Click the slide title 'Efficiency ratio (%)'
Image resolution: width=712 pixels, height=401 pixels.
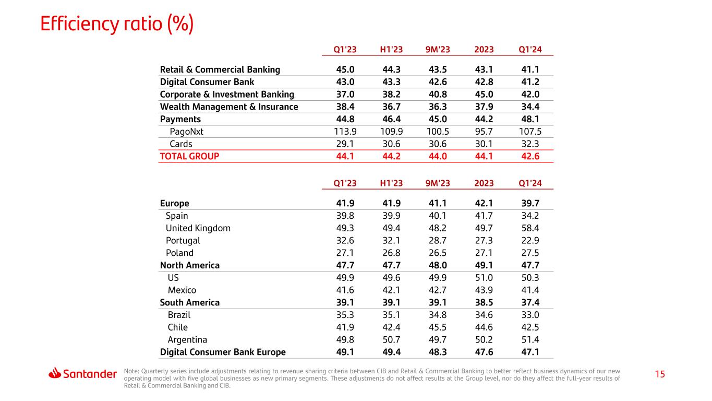click(x=117, y=24)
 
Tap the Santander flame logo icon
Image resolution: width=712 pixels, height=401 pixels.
click(x=55, y=373)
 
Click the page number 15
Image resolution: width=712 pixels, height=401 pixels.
click(x=660, y=374)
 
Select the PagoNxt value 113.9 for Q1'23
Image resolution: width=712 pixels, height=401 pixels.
click(x=345, y=132)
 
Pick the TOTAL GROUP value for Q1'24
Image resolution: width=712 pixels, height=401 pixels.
click(x=530, y=156)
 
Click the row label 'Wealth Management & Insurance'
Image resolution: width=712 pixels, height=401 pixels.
click(x=229, y=107)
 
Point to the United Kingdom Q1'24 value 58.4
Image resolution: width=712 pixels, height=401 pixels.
click(x=530, y=228)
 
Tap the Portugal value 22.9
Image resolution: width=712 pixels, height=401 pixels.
click(x=530, y=241)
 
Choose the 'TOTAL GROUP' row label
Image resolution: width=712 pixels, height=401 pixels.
click(x=189, y=156)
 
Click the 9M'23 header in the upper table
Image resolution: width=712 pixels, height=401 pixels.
click(x=438, y=50)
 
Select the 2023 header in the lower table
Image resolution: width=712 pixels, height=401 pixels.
click(x=484, y=183)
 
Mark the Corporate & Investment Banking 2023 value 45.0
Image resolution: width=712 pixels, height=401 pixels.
click(x=484, y=95)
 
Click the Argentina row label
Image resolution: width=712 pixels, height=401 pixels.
click(x=187, y=340)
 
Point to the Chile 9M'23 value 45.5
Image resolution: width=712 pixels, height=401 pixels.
click(x=438, y=327)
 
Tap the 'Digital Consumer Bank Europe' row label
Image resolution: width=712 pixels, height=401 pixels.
click(x=223, y=352)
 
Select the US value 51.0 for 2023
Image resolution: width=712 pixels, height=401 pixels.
click(x=484, y=278)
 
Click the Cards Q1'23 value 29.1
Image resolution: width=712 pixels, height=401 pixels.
click(x=345, y=144)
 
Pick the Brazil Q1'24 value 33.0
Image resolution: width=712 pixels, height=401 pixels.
click(x=530, y=315)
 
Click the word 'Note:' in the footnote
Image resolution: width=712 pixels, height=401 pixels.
click(x=131, y=371)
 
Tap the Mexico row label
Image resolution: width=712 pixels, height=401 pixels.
click(x=182, y=290)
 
